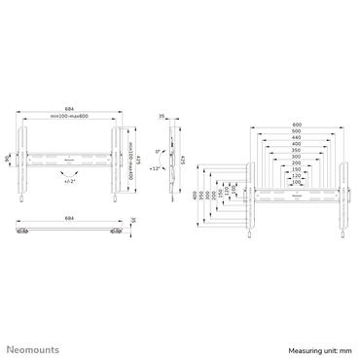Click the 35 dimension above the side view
[162, 115]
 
